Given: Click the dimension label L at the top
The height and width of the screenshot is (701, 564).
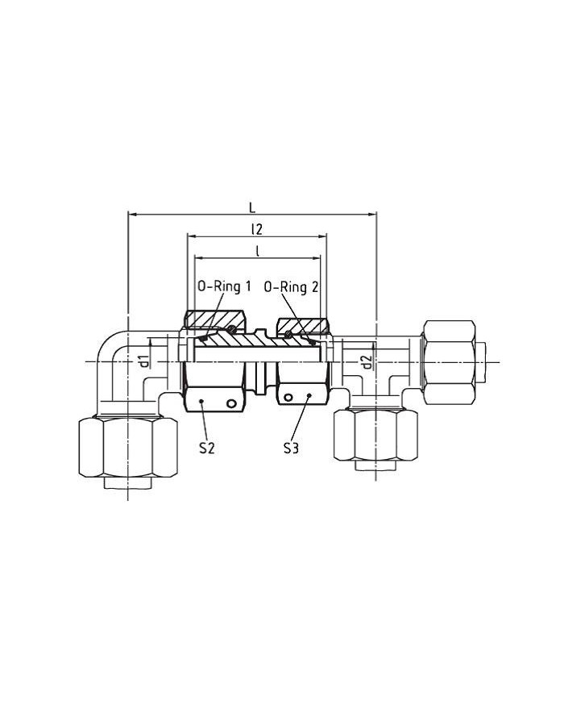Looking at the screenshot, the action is [252, 207].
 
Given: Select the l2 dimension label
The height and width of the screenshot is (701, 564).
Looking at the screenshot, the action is [256, 229].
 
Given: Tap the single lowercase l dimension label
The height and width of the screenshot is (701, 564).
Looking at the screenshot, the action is [257, 251].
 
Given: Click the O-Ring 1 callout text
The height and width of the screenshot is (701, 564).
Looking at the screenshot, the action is [225, 286].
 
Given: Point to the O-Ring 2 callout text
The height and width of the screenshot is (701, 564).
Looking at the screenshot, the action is [291, 286].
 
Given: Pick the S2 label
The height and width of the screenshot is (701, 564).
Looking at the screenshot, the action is [207, 448].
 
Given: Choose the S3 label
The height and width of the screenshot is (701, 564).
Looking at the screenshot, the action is [291, 448].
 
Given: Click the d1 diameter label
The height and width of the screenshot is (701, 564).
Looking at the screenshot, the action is [143, 361].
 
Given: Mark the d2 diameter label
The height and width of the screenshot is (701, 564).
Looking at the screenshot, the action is [367, 362].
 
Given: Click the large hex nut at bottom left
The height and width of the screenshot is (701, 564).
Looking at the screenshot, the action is [128, 447].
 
